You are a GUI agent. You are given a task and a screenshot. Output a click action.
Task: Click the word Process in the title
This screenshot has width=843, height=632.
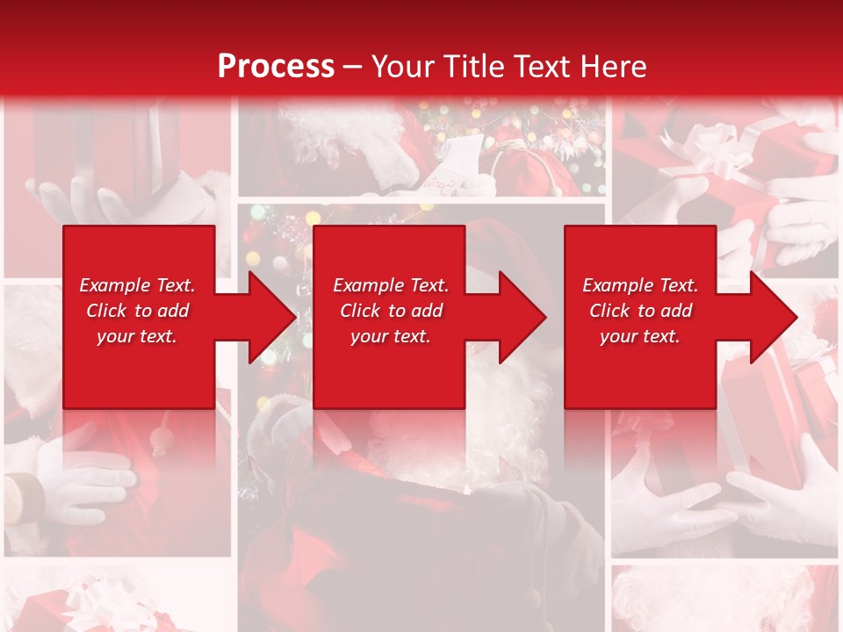pyautogui.click(x=276, y=67)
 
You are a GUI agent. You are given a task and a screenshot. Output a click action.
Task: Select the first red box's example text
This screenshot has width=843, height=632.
pyautogui.click(x=137, y=311)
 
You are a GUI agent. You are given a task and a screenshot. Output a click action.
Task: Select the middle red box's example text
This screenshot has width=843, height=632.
pyautogui.click(x=391, y=311)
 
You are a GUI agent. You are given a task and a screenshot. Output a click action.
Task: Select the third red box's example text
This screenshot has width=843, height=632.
pyautogui.click(x=640, y=311)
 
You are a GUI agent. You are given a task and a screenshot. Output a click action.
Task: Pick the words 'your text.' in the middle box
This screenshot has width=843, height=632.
pyautogui.click(x=391, y=336)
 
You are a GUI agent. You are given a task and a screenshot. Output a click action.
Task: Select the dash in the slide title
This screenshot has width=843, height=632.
pyautogui.click(x=352, y=67)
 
